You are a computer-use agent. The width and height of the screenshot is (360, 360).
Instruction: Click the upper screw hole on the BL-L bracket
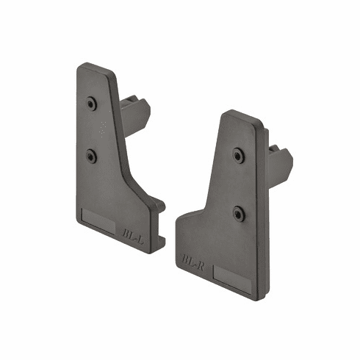coord(91,104)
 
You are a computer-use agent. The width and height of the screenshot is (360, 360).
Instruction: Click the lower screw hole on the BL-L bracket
coord(91,156)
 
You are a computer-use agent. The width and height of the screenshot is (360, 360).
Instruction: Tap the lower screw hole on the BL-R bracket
coord(239,212)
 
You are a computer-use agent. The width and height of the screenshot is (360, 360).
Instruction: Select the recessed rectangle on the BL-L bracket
coord(97,220)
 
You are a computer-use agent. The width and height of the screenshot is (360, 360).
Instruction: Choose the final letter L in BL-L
coord(138,238)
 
